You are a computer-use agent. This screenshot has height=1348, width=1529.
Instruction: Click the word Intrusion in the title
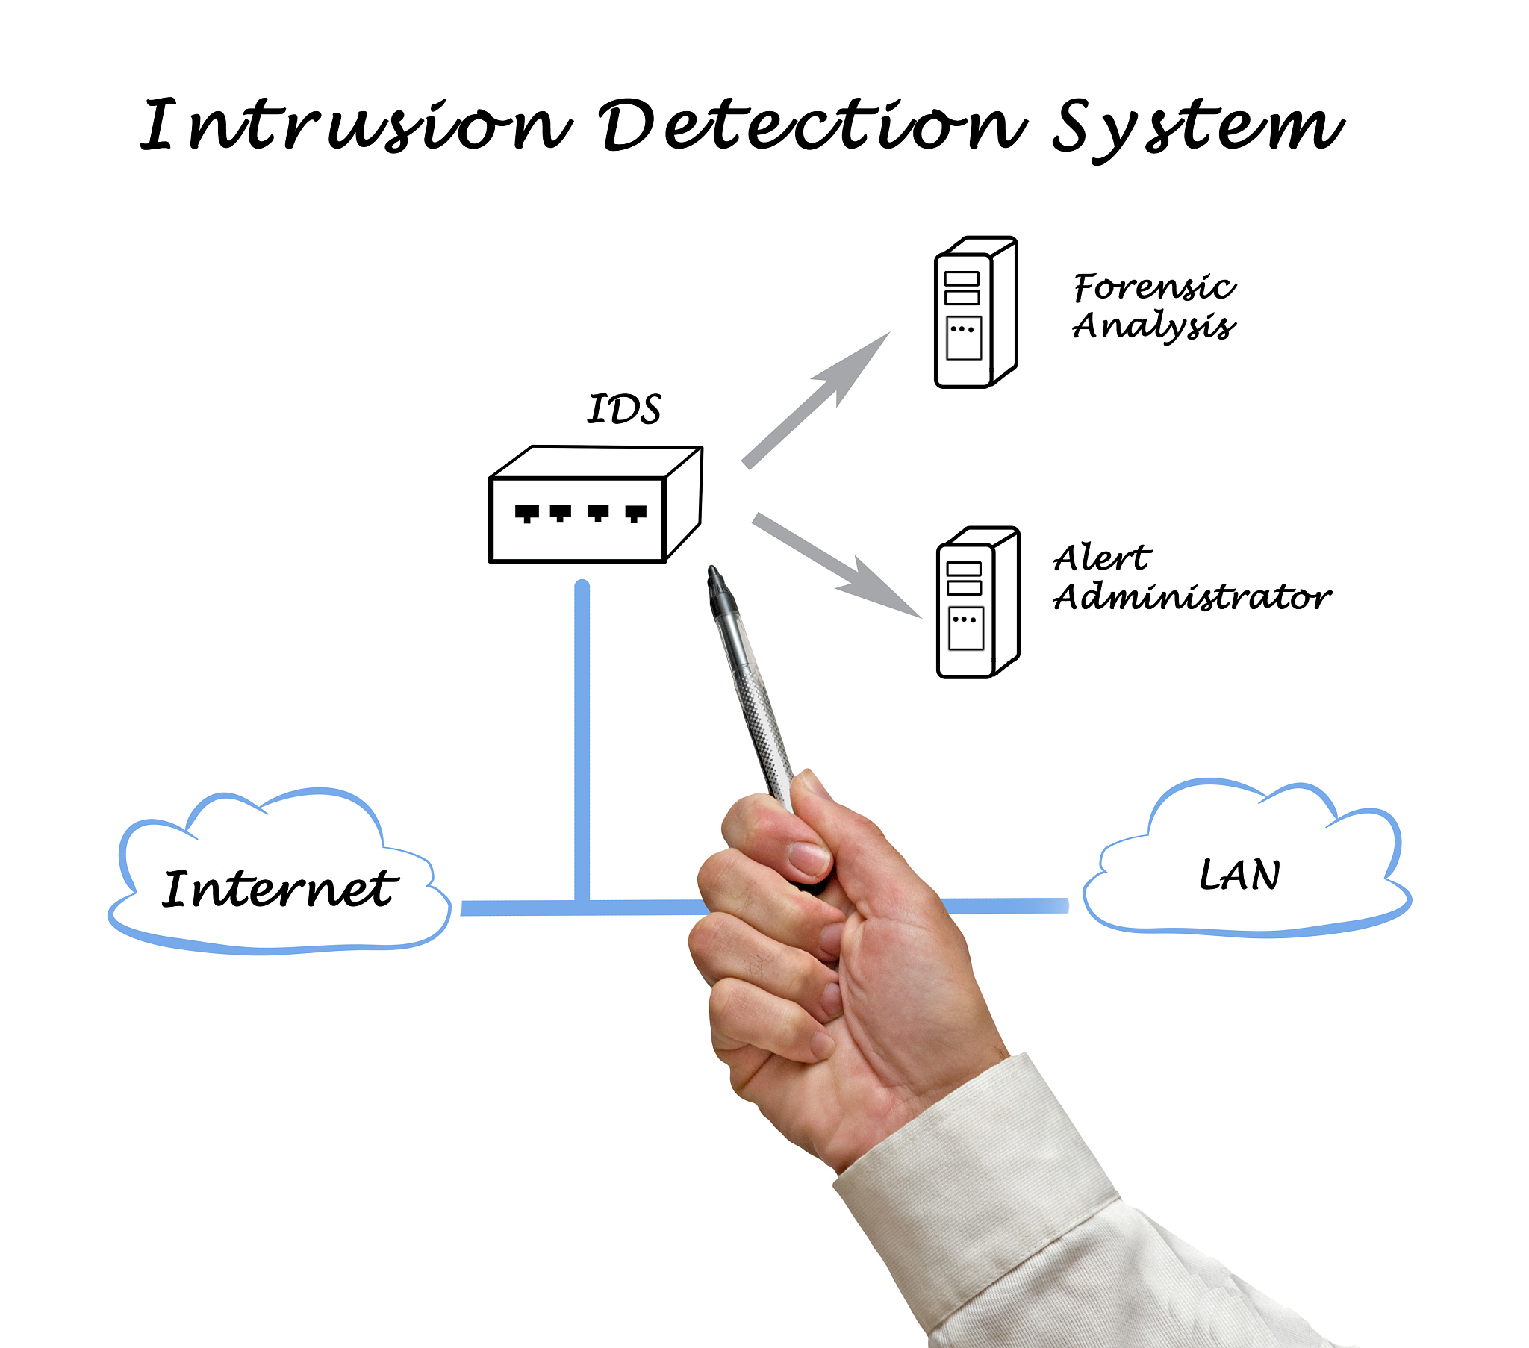tap(355, 125)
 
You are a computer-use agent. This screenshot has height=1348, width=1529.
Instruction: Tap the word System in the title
tap(1197, 127)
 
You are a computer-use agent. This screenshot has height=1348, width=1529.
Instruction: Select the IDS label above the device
tap(624, 409)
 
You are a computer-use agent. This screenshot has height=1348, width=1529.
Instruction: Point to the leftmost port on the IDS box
tap(526, 514)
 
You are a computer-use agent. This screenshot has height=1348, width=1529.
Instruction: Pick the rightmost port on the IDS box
tap(636, 514)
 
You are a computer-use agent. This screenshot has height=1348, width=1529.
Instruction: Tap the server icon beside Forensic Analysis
tap(976, 313)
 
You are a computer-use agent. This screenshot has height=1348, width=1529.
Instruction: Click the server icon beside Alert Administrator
tap(978, 603)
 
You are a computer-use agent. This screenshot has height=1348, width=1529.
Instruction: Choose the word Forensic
tap(1154, 287)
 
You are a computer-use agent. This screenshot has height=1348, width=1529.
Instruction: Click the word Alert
tap(1102, 558)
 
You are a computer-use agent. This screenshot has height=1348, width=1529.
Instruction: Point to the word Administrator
tap(1192, 597)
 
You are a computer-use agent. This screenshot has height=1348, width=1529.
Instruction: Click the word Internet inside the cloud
tap(279, 890)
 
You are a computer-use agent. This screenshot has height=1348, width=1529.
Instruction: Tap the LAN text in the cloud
tap(1239, 876)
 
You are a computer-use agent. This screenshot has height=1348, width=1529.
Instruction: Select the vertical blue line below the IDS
tap(582, 740)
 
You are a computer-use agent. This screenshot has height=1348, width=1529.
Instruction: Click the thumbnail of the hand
tap(808, 858)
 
